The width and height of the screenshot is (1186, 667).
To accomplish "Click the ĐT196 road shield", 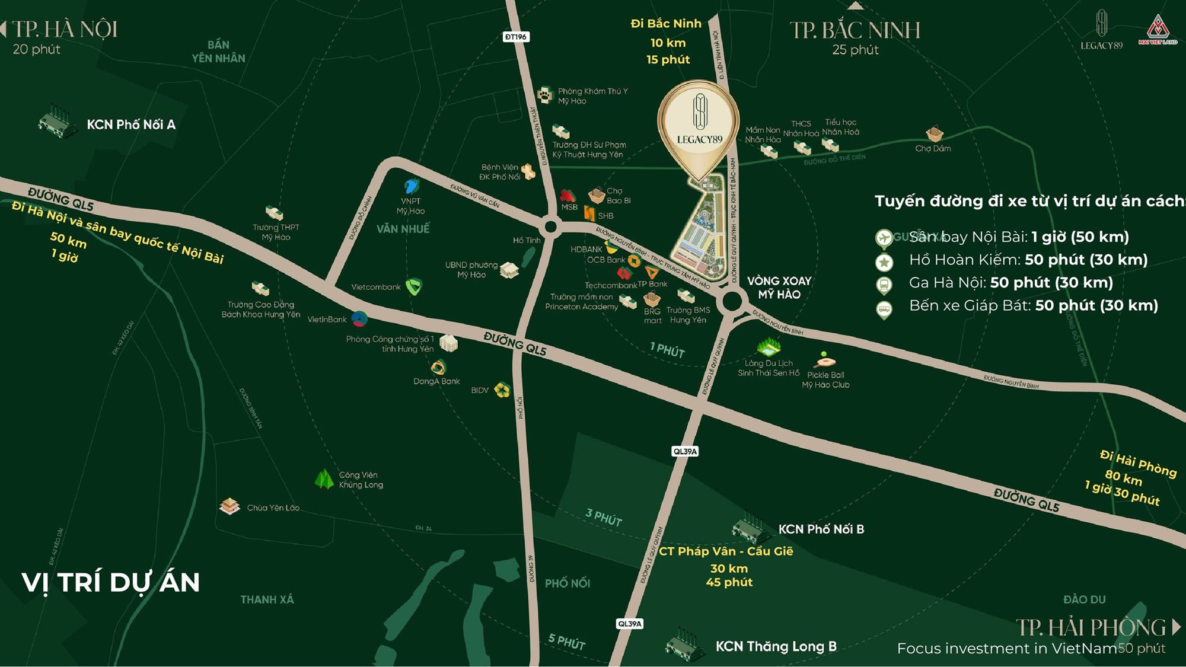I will (x=515, y=37).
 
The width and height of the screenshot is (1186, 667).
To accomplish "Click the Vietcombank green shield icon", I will (x=413, y=287).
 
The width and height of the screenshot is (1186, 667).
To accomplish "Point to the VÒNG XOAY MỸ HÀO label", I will (x=779, y=288).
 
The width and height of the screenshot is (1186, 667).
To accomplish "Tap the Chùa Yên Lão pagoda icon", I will (x=229, y=506).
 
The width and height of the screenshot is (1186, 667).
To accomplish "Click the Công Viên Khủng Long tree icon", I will (x=324, y=479).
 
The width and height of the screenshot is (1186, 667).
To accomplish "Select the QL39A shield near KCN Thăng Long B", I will (x=629, y=624).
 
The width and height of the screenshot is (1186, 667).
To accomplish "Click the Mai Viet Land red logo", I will (x=1157, y=30).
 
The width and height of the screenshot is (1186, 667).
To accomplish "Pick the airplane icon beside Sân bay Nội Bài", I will (x=884, y=238).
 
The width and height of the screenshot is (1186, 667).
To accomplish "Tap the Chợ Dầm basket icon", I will (x=934, y=134).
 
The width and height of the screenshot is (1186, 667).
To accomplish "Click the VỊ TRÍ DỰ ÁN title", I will (x=111, y=582).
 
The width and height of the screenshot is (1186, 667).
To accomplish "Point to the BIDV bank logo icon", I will (x=502, y=390).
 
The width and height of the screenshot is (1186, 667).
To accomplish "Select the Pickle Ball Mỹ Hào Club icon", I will (x=824, y=360).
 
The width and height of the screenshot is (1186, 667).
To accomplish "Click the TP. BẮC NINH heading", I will (x=855, y=30).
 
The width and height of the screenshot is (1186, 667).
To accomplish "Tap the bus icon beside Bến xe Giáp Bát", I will (x=884, y=308).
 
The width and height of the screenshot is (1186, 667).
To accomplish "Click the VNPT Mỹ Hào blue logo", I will (x=411, y=187).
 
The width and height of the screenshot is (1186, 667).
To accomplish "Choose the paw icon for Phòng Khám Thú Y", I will (x=544, y=95).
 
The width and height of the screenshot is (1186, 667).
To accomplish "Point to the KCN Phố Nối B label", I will (x=821, y=529).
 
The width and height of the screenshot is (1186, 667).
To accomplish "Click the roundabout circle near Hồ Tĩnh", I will (x=550, y=226).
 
